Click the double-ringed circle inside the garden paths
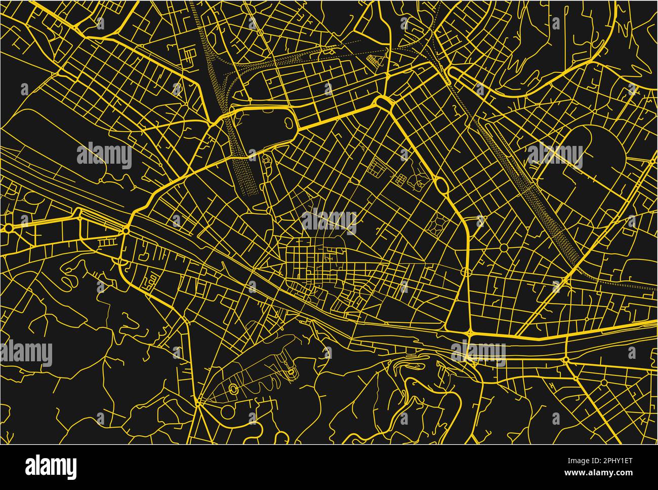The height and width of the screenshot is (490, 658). [233, 389]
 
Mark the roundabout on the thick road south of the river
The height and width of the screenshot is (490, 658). [565, 360]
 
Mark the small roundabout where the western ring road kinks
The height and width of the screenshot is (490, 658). [125, 231]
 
